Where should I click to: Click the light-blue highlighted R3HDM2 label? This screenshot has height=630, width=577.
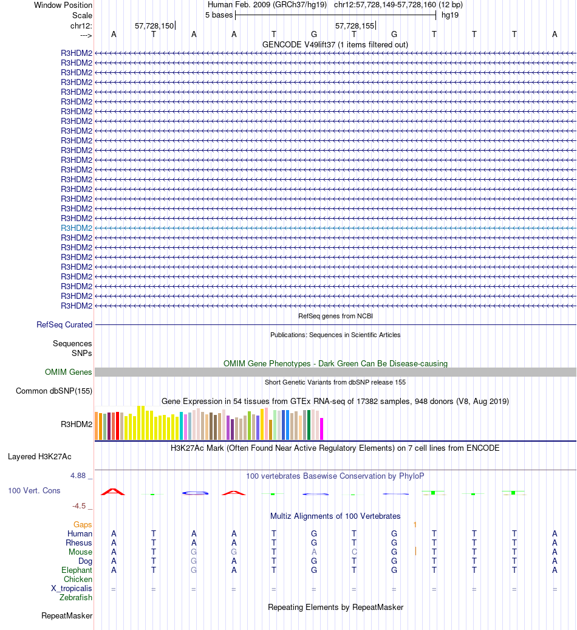77,228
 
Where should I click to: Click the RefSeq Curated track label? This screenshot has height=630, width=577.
64,325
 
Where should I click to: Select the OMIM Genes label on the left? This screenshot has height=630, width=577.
69,372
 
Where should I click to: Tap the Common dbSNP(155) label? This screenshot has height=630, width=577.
54,391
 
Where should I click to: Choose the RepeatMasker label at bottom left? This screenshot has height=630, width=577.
67,616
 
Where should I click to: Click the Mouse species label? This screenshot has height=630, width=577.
80,552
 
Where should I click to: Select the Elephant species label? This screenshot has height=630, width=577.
77,570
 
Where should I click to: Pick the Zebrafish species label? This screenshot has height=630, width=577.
76,598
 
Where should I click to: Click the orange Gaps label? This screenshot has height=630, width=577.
83,524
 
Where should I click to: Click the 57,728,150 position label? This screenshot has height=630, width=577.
154,26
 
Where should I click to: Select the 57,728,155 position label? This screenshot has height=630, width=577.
355,26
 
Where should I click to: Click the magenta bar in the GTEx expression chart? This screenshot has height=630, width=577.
322,428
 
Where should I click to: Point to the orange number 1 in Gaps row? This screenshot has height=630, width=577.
415,524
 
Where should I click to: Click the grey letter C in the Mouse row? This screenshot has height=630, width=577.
354,552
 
